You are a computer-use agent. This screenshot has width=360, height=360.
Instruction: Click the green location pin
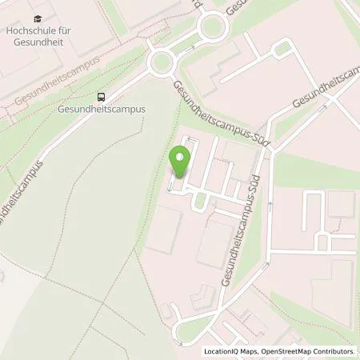tap(181, 163)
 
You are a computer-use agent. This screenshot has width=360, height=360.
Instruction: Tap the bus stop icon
tap(102, 97)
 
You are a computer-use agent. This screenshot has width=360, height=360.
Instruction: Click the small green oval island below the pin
tap(200, 200)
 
